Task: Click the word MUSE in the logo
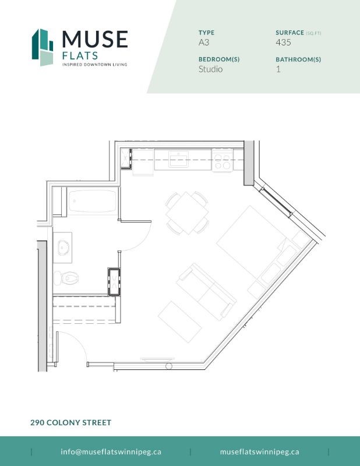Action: pos(94,40)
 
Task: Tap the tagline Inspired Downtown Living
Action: pos(94,65)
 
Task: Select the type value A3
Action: pos(204,42)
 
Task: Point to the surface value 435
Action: pos(283,42)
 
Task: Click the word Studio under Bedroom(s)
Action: pos(210,69)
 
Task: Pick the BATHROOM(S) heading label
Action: pos(298,59)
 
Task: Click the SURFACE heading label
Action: pos(290,33)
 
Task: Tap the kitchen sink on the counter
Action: pos(178,158)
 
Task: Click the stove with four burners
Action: pos(221,160)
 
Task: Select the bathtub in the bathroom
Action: pos(93,202)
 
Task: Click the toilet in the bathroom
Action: pos(65,278)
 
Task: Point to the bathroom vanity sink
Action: pos(63,247)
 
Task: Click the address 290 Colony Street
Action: pos(70,422)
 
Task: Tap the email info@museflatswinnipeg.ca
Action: pos(111,451)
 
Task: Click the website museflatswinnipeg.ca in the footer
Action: pos(259,451)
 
